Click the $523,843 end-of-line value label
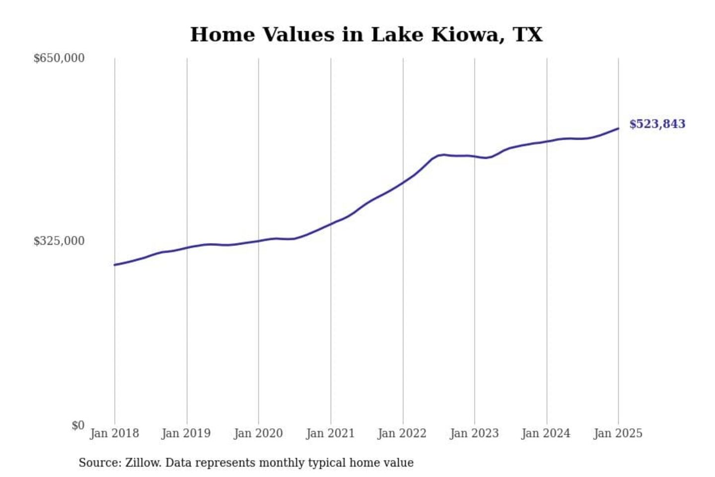657,124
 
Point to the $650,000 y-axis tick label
59,58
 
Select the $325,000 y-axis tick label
59,241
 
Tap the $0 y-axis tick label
77,425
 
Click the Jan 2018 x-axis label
114,433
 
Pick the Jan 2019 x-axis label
186,433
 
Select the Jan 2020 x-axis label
258,433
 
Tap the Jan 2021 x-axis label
330,433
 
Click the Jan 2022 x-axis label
402,433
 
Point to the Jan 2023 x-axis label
474,433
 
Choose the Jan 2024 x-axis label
546,433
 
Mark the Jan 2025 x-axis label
618,433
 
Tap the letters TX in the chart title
528,35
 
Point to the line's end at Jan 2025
618,129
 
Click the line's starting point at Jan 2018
115,265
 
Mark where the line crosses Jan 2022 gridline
403,182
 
